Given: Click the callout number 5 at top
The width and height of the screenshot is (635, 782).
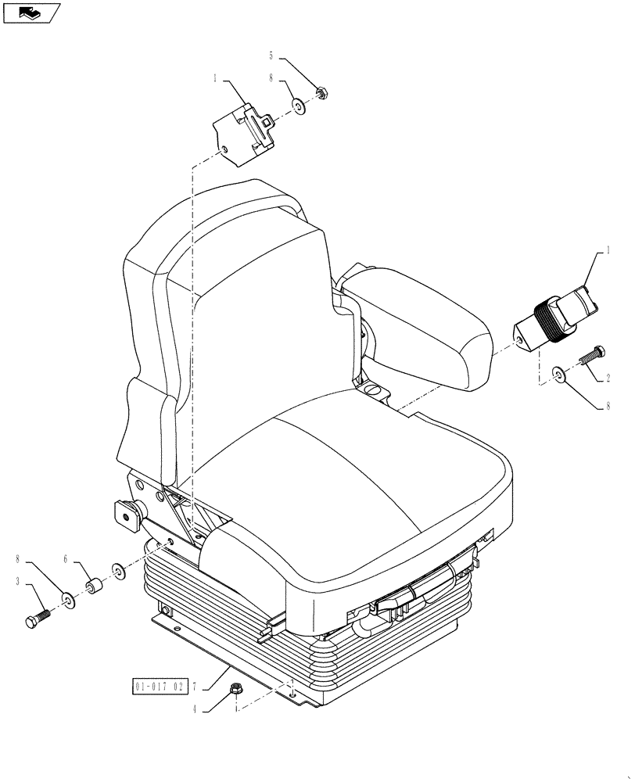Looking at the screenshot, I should pyautogui.click(x=271, y=56).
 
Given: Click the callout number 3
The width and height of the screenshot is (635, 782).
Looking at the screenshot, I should pyautogui.click(x=17, y=581).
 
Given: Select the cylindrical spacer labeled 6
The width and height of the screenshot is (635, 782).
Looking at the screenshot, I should pyautogui.click(x=95, y=586).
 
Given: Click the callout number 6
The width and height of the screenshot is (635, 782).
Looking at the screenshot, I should pyautogui.click(x=66, y=559).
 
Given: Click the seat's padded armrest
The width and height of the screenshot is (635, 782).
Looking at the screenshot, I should pyautogui.click(x=422, y=321).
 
